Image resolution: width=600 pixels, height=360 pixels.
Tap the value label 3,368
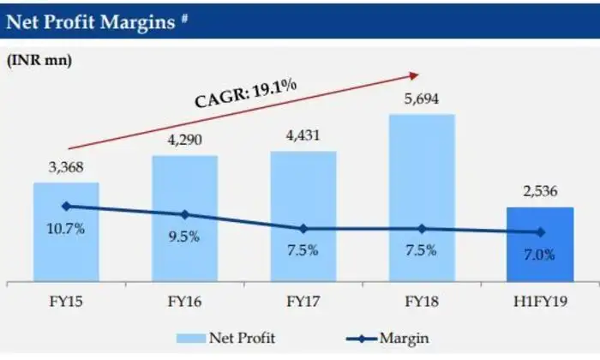[67, 169]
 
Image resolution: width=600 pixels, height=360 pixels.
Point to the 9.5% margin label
[184, 237]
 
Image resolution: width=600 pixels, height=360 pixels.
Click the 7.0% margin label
[540, 254]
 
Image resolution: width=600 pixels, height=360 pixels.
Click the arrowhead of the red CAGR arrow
[418, 74]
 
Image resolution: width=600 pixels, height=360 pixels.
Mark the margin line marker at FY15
[67, 206]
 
